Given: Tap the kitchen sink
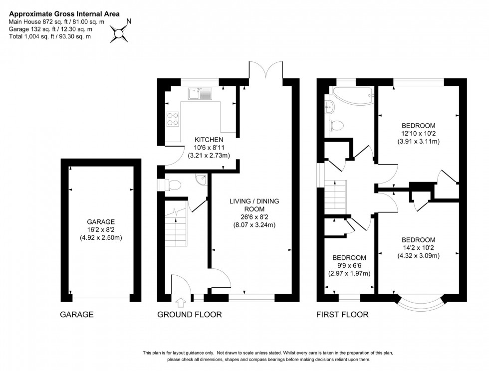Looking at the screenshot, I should coord(201,93).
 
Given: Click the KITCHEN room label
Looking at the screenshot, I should coord(209,140).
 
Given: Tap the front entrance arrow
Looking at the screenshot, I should coord(180,302).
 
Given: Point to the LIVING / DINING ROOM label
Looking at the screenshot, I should coord(254,205).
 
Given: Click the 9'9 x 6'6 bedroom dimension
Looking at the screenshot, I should coord(349,266).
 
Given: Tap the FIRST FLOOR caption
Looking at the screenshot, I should coord(342,315).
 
